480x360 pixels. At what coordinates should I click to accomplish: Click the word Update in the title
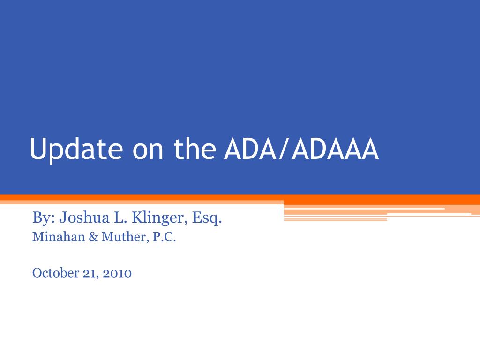click(76, 149)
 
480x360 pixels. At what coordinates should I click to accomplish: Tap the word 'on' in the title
click(148, 152)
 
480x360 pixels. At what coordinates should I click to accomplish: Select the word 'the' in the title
click(195, 149)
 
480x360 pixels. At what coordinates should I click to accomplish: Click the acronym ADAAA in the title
click(336, 149)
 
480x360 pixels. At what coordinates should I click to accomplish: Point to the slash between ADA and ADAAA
click(284, 150)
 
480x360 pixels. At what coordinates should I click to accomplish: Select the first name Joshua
click(84, 217)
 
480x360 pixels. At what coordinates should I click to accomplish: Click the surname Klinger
click(157, 218)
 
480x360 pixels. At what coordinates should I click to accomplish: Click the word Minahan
click(59, 237)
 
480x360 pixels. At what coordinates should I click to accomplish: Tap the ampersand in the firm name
click(93, 237)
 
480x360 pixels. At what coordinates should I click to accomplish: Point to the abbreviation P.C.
click(164, 237)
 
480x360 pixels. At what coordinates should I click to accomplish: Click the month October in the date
click(56, 273)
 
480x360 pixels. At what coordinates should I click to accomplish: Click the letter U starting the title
click(37, 149)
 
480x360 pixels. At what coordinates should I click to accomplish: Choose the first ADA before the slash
click(251, 149)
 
